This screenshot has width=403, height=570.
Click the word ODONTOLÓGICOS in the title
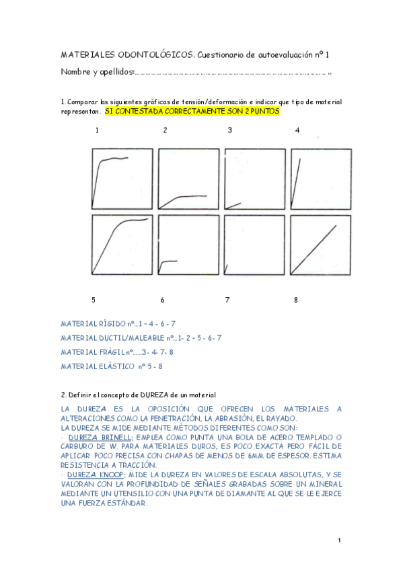click(133, 54)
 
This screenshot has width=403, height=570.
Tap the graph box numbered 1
click(122, 178)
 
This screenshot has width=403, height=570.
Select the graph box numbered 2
click(188, 178)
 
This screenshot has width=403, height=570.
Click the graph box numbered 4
click(321, 178)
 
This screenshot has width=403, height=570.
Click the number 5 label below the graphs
click(94, 300)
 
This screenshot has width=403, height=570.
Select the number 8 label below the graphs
click(295, 300)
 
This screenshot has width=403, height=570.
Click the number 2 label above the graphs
click(165, 130)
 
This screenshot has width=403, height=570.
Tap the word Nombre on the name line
click(75, 71)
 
